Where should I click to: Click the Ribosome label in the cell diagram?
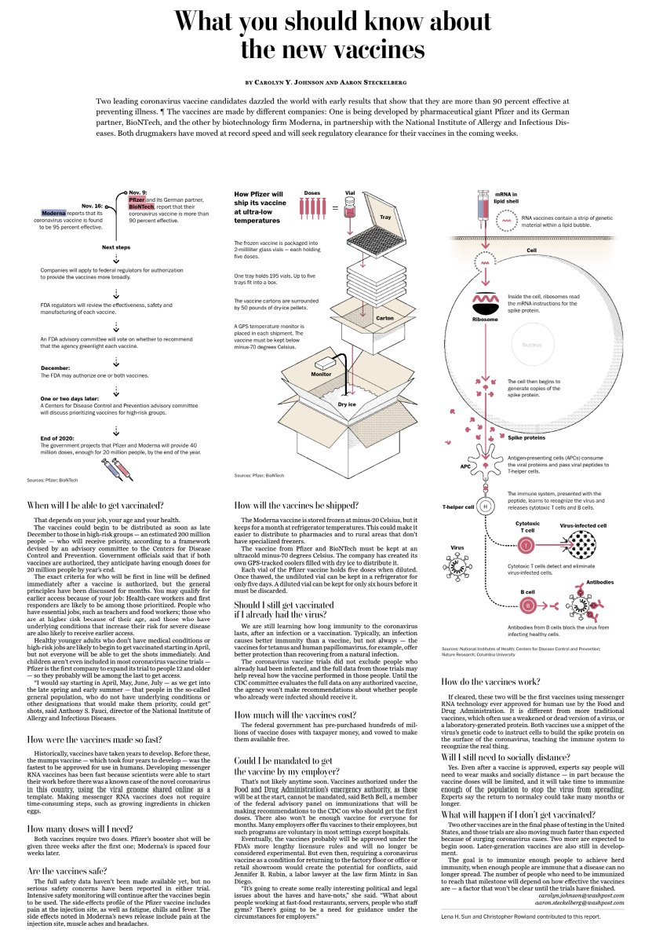coord(484,320)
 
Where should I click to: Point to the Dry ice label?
coord(348,404)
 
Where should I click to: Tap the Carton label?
coord(384,318)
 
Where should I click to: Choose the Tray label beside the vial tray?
coord(384,217)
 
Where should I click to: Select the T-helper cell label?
coord(458,507)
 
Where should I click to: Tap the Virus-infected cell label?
coord(582,525)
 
